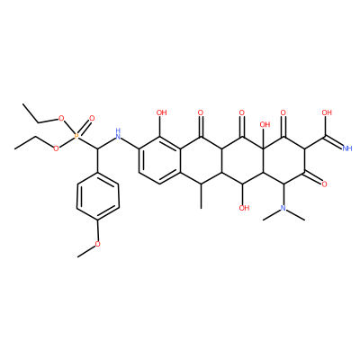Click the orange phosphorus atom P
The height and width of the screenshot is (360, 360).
(x=76, y=137)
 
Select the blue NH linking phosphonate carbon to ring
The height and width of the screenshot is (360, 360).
(x=118, y=134)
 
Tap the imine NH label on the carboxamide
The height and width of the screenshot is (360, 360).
(x=346, y=148)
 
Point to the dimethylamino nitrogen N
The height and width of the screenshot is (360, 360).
(x=283, y=208)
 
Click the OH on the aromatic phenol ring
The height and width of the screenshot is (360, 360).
(x=161, y=112)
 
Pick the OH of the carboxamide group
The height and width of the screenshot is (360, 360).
(x=327, y=112)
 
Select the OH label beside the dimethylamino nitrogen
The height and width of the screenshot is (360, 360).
(x=245, y=208)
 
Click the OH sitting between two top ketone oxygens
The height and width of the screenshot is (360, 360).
(x=265, y=124)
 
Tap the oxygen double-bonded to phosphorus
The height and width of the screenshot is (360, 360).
(x=92, y=118)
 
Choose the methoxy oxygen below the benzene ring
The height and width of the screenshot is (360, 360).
(x=97, y=244)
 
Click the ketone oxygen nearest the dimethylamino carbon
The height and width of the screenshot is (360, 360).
(x=324, y=184)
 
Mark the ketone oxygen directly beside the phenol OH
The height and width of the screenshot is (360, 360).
(x=201, y=113)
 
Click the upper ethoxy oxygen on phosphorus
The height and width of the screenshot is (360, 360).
(x=61, y=118)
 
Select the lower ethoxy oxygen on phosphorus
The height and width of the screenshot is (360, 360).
(x=56, y=148)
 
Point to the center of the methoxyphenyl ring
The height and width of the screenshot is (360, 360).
(x=98, y=196)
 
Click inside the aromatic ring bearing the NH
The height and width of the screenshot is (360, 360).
(x=159, y=160)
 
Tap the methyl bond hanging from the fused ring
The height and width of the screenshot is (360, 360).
(x=201, y=196)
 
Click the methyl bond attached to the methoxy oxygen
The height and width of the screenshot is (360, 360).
(x=86, y=251)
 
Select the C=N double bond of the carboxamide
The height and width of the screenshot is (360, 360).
(x=333, y=142)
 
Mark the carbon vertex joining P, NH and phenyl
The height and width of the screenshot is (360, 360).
(x=97, y=148)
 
